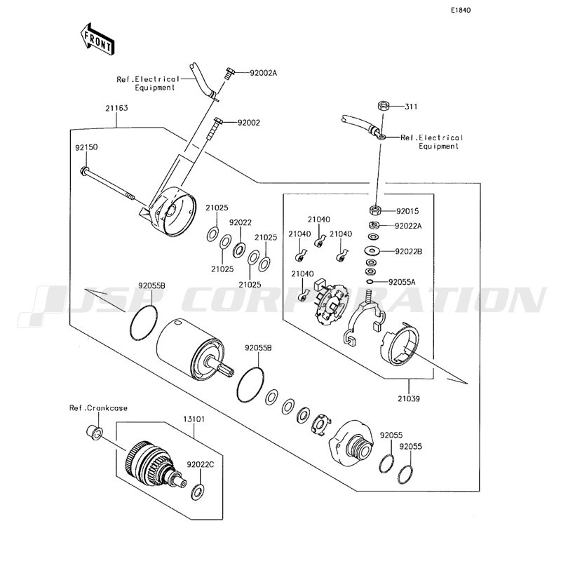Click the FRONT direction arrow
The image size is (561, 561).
[97, 39]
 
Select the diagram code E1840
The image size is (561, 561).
[461, 10]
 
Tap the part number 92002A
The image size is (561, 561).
[264, 73]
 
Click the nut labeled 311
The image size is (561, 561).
[382, 106]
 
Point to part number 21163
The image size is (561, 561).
[116, 108]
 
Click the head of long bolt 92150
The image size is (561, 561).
[84, 170]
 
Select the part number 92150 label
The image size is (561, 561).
[86, 147]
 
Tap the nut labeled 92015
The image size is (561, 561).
[374, 210]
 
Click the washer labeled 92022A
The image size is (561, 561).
[374, 225]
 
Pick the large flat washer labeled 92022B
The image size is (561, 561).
[373, 250]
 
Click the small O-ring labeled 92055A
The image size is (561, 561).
[370, 282]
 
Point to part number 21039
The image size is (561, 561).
[409, 398]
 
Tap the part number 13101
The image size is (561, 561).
[194, 419]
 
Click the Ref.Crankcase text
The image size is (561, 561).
[98, 408]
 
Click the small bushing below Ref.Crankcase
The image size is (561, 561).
[95, 432]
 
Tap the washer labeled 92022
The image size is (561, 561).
[238, 249]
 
